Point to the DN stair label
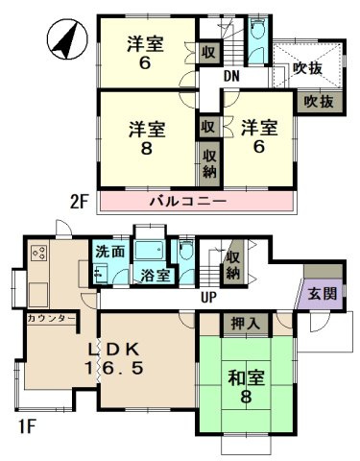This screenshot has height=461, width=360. point(232,76)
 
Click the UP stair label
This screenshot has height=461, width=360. point(205,298)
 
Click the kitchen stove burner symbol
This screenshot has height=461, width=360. point(40,255)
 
